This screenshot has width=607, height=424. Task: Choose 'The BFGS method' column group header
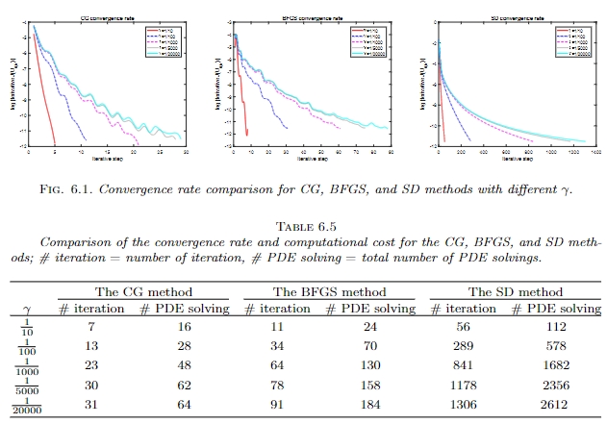pos(330,291)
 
